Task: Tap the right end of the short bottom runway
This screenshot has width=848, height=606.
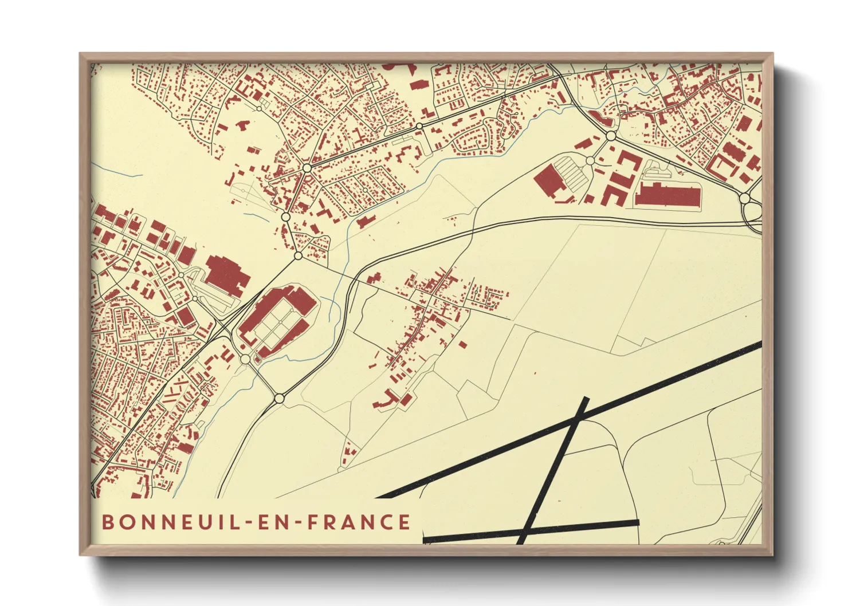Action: click(637, 523)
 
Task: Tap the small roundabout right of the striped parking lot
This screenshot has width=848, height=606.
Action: click(590, 161)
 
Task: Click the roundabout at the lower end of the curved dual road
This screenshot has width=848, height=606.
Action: click(279, 398)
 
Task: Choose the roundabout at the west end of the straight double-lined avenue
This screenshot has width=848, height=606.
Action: click(307, 168)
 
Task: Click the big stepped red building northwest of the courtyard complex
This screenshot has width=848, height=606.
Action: click(227, 275)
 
